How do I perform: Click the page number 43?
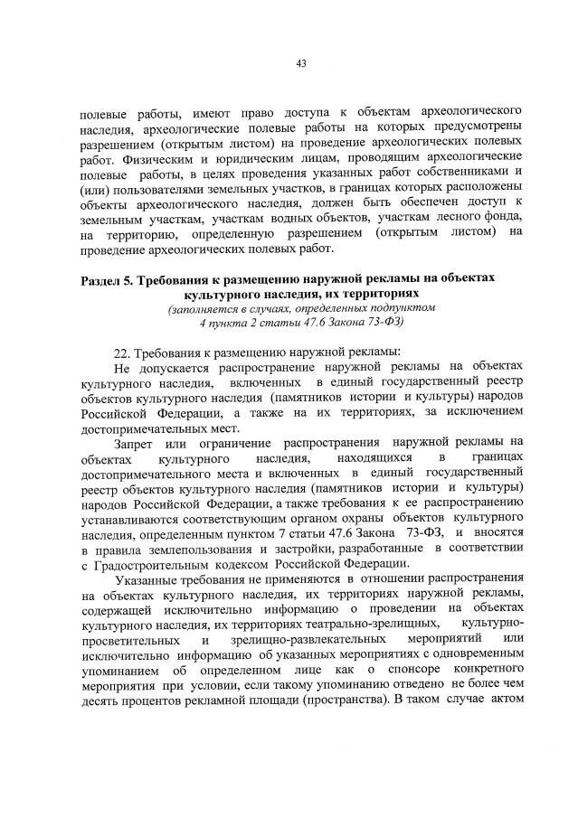pyautogui.click(x=302, y=63)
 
